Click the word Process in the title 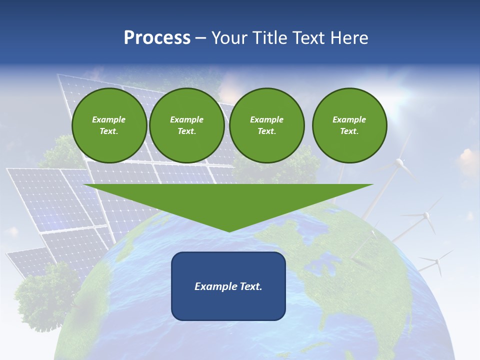pyautogui.click(x=157, y=38)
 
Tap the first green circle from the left pyautogui.click(x=109, y=125)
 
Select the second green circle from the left pyautogui.click(x=187, y=125)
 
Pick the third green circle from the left pyautogui.click(x=267, y=125)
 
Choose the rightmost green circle pyautogui.click(x=349, y=125)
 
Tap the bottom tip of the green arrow pyautogui.click(x=229, y=230)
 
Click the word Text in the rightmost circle pyautogui.click(x=349, y=131)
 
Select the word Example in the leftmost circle pyautogui.click(x=109, y=119)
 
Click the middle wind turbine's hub pyautogui.click(x=426, y=215)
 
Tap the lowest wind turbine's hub pyautogui.click(x=436, y=260)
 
